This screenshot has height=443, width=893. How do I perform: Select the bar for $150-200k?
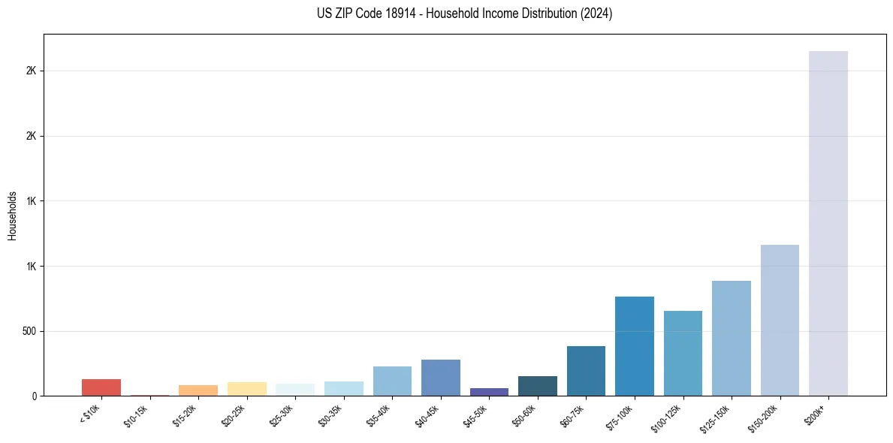780,320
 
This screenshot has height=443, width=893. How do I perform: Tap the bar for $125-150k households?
731,338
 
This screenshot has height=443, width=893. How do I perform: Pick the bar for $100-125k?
683,353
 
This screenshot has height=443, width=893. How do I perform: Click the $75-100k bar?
634,346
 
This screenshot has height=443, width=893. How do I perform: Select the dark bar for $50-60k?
537,386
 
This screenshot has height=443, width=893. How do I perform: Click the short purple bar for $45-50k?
489,392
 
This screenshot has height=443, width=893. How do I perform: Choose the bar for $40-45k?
440,378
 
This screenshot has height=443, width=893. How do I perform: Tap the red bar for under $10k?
101,387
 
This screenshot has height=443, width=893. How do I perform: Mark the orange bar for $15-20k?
198,390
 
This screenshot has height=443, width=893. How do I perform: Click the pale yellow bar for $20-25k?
246,389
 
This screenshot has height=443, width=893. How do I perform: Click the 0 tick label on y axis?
34,396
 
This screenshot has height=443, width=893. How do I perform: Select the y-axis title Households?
12,215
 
